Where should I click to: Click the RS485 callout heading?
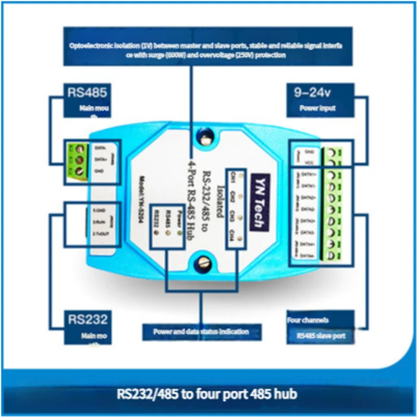[x=87, y=92]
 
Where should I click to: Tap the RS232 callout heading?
[x=87, y=319]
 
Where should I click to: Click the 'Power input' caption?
[x=317, y=109]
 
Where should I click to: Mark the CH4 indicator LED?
[x=239, y=238]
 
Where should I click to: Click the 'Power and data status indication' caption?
[x=201, y=332]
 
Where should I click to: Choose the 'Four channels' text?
[x=308, y=320]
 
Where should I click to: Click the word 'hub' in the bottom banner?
[x=288, y=392]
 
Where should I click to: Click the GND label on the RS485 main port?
[x=99, y=170]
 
